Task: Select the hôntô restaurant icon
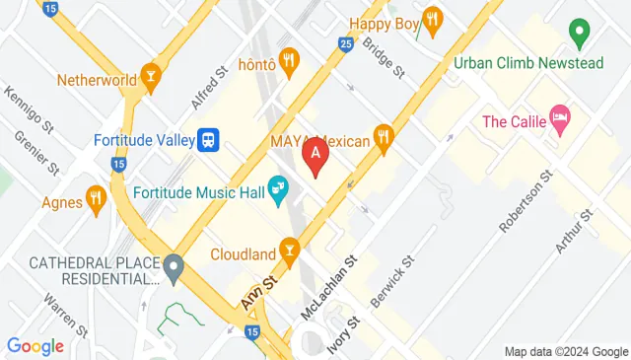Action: [x=289, y=62]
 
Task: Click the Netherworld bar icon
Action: [x=150, y=77]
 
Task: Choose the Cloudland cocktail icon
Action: [x=289, y=252]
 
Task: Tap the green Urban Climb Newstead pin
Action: [x=580, y=36]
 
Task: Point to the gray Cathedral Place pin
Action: [x=174, y=266]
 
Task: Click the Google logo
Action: [x=35, y=346]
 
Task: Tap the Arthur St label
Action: [x=574, y=230]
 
